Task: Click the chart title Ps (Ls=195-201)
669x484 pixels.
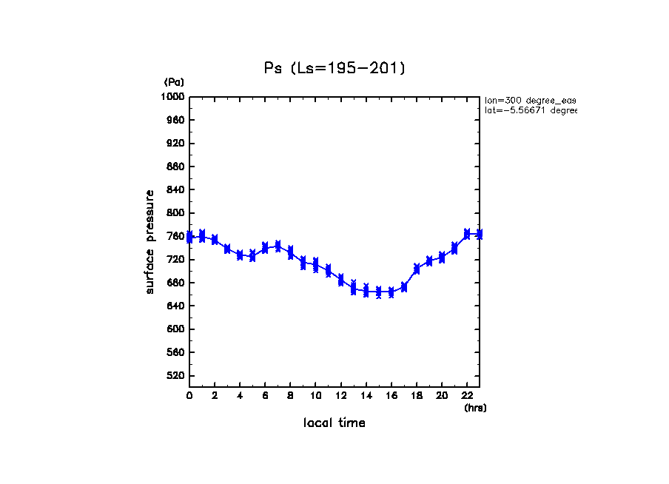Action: (334, 69)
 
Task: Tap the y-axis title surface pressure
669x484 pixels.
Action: (150, 241)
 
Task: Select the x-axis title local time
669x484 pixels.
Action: (334, 423)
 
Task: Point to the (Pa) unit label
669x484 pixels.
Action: (174, 82)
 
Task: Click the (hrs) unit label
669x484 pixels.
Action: (475, 408)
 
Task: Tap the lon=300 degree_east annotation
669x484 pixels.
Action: (530, 100)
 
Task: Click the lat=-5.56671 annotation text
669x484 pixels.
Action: (530, 110)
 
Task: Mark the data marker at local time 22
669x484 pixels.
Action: (467, 234)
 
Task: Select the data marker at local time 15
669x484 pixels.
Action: (379, 292)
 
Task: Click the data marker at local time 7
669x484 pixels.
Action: (278, 246)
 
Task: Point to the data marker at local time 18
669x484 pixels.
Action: (417, 269)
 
